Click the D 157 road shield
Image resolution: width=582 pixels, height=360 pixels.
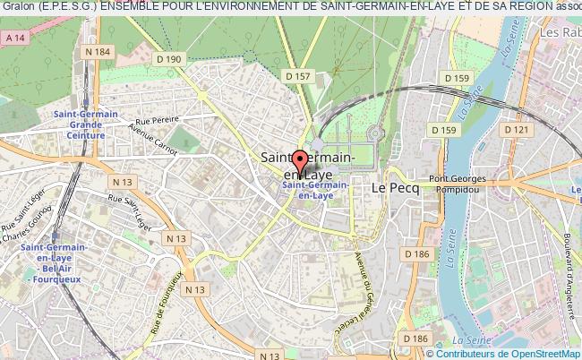[x=298, y=76]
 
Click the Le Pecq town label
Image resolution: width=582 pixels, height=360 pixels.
[x=390, y=187]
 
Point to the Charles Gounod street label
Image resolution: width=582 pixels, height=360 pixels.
[x=30, y=232]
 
